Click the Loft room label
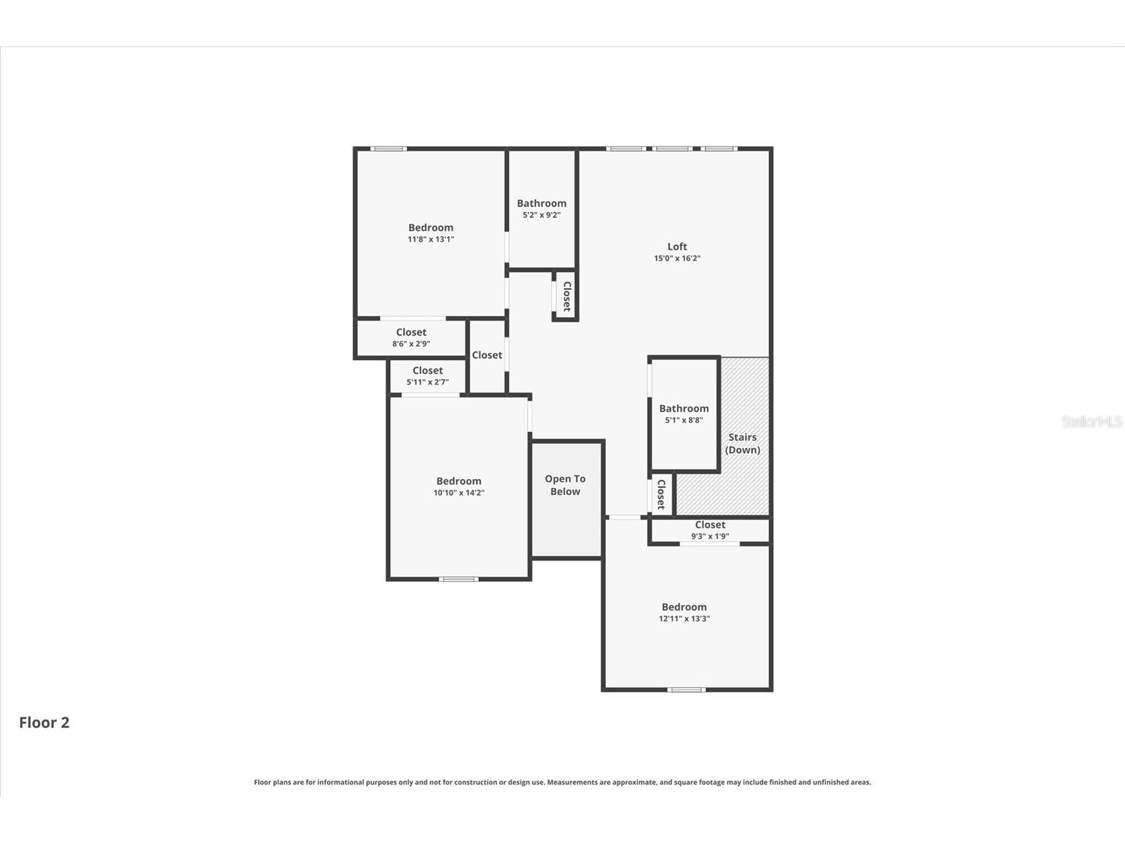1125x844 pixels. [x=677, y=247]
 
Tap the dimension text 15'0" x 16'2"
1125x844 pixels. [x=677, y=259]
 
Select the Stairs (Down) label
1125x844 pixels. [x=742, y=443]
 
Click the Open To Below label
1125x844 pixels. [x=565, y=485]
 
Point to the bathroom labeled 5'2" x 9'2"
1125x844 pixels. [x=542, y=208]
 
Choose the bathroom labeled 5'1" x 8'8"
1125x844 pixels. [x=683, y=413]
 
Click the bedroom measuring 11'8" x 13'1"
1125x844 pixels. [x=431, y=233]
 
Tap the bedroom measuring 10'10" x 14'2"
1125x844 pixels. [x=459, y=486]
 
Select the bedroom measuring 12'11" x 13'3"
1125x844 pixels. [x=684, y=612]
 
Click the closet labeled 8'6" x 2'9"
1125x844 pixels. [x=411, y=337]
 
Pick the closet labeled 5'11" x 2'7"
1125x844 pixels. [x=428, y=376]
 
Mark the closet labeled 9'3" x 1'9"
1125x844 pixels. [x=710, y=529]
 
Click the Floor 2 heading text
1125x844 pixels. [x=44, y=723]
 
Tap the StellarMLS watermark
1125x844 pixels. [x=1091, y=421]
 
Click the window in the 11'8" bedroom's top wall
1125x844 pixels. [x=388, y=149]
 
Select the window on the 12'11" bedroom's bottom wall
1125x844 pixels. [x=686, y=689]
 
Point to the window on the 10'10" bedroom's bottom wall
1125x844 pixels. [x=459, y=579]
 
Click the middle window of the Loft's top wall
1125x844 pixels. [x=672, y=149]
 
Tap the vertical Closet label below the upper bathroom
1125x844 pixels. [x=567, y=296]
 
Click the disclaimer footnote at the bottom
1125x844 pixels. [x=562, y=782]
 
